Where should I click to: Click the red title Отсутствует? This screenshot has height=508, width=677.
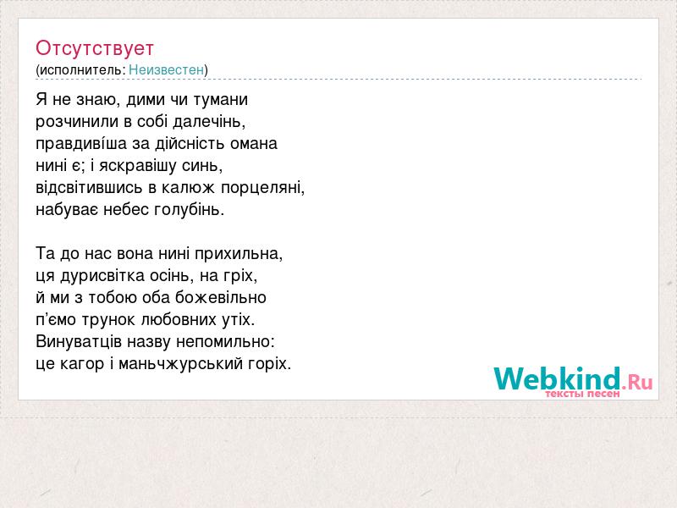(95, 48)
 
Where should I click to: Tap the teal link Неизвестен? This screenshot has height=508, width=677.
(166, 69)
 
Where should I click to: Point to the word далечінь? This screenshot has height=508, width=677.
(209, 122)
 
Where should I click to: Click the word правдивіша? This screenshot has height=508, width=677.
(81, 144)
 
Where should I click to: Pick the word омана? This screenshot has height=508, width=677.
(253, 144)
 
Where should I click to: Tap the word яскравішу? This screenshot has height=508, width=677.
(138, 166)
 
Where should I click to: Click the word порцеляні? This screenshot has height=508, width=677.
(263, 188)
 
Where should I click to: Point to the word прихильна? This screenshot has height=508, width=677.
(239, 253)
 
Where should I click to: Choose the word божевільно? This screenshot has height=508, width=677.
(221, 298)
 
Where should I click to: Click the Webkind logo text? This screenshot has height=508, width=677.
(557, 378)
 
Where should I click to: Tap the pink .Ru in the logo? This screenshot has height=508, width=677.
(637, 382)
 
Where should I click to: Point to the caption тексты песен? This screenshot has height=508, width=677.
(582, 394)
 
